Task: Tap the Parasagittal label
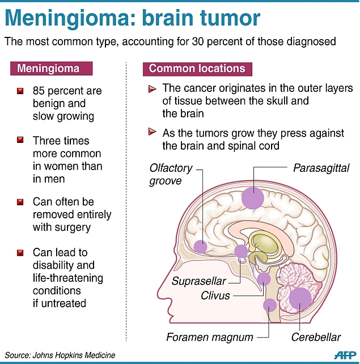(321, 168)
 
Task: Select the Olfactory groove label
(171, 175)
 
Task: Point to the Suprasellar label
(200, 281)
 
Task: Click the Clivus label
(215, 295)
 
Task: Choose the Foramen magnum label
(210, 337)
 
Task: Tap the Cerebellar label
(316, 337)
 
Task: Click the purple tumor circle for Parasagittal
(253, 198)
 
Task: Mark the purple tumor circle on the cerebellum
(300, 298)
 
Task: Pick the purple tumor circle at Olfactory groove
(200, 246)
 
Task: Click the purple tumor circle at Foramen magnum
(269, 305)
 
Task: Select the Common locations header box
(197, 69)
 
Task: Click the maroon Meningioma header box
(52, 69)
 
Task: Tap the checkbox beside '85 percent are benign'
(20, 91)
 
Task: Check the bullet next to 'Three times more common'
(20, 141)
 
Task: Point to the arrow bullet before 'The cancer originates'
(152, 89)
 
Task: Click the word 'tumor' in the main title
(226, 18)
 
